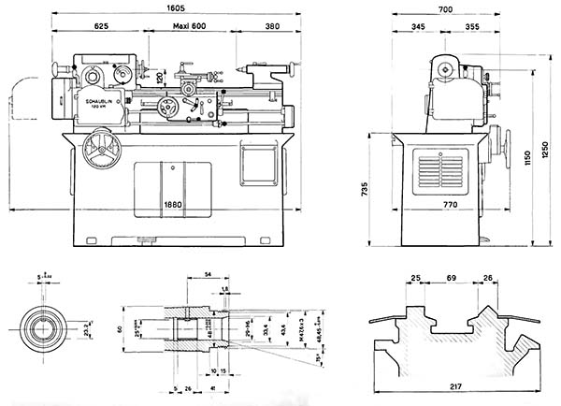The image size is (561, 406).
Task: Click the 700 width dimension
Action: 445,8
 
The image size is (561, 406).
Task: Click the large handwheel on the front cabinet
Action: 96,149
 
